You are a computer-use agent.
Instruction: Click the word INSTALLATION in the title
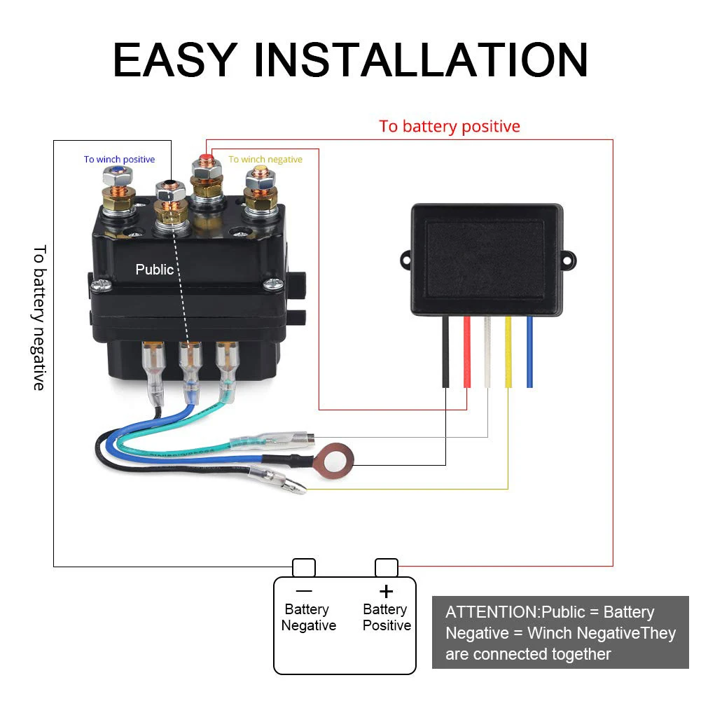(x=420, y=60)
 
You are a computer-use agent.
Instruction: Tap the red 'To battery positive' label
(x=450, y=126)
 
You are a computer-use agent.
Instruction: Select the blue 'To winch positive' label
(x=119, y=160)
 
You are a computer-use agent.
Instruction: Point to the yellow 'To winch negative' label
(x=265, y=160)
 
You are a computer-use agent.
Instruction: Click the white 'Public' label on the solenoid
(x=154, y=270)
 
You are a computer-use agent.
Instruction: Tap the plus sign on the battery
(x=386, y=591)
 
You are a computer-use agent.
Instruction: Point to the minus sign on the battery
(x=304, y=591)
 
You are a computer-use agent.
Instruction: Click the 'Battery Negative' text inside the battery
(x=308, y=618)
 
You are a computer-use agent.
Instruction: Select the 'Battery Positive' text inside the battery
(x=387, y=618)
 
